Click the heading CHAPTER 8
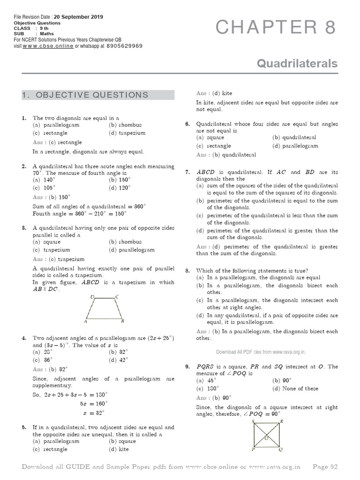click(x=276, y=28)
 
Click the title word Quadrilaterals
click(x=297, y=63)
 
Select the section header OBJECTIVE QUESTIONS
click(x=85, y=95)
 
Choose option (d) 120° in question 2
click(x=122, y=188)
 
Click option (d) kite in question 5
click(x=119, y=449)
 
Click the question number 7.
click(x=187, y=172)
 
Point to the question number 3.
click(x=23, y=228)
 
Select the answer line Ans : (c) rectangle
click(x=57, y=142)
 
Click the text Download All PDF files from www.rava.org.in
click(x=261, y=352)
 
